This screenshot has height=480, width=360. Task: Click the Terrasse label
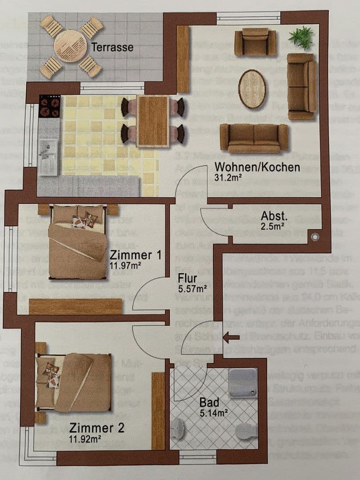pyautogui.click(x=112, y=47)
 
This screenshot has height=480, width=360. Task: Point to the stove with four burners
pyautogui.click(x=50, y=106)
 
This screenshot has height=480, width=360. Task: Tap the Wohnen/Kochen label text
pyautogui.click(x=257, y=168)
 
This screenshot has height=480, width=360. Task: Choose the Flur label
pyautogui.click(x=187, y=278)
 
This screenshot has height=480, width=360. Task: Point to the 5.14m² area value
pyautogui.click(x=213, y=412)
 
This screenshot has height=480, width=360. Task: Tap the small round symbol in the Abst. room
pyautogui.click(x=315, y=237)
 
